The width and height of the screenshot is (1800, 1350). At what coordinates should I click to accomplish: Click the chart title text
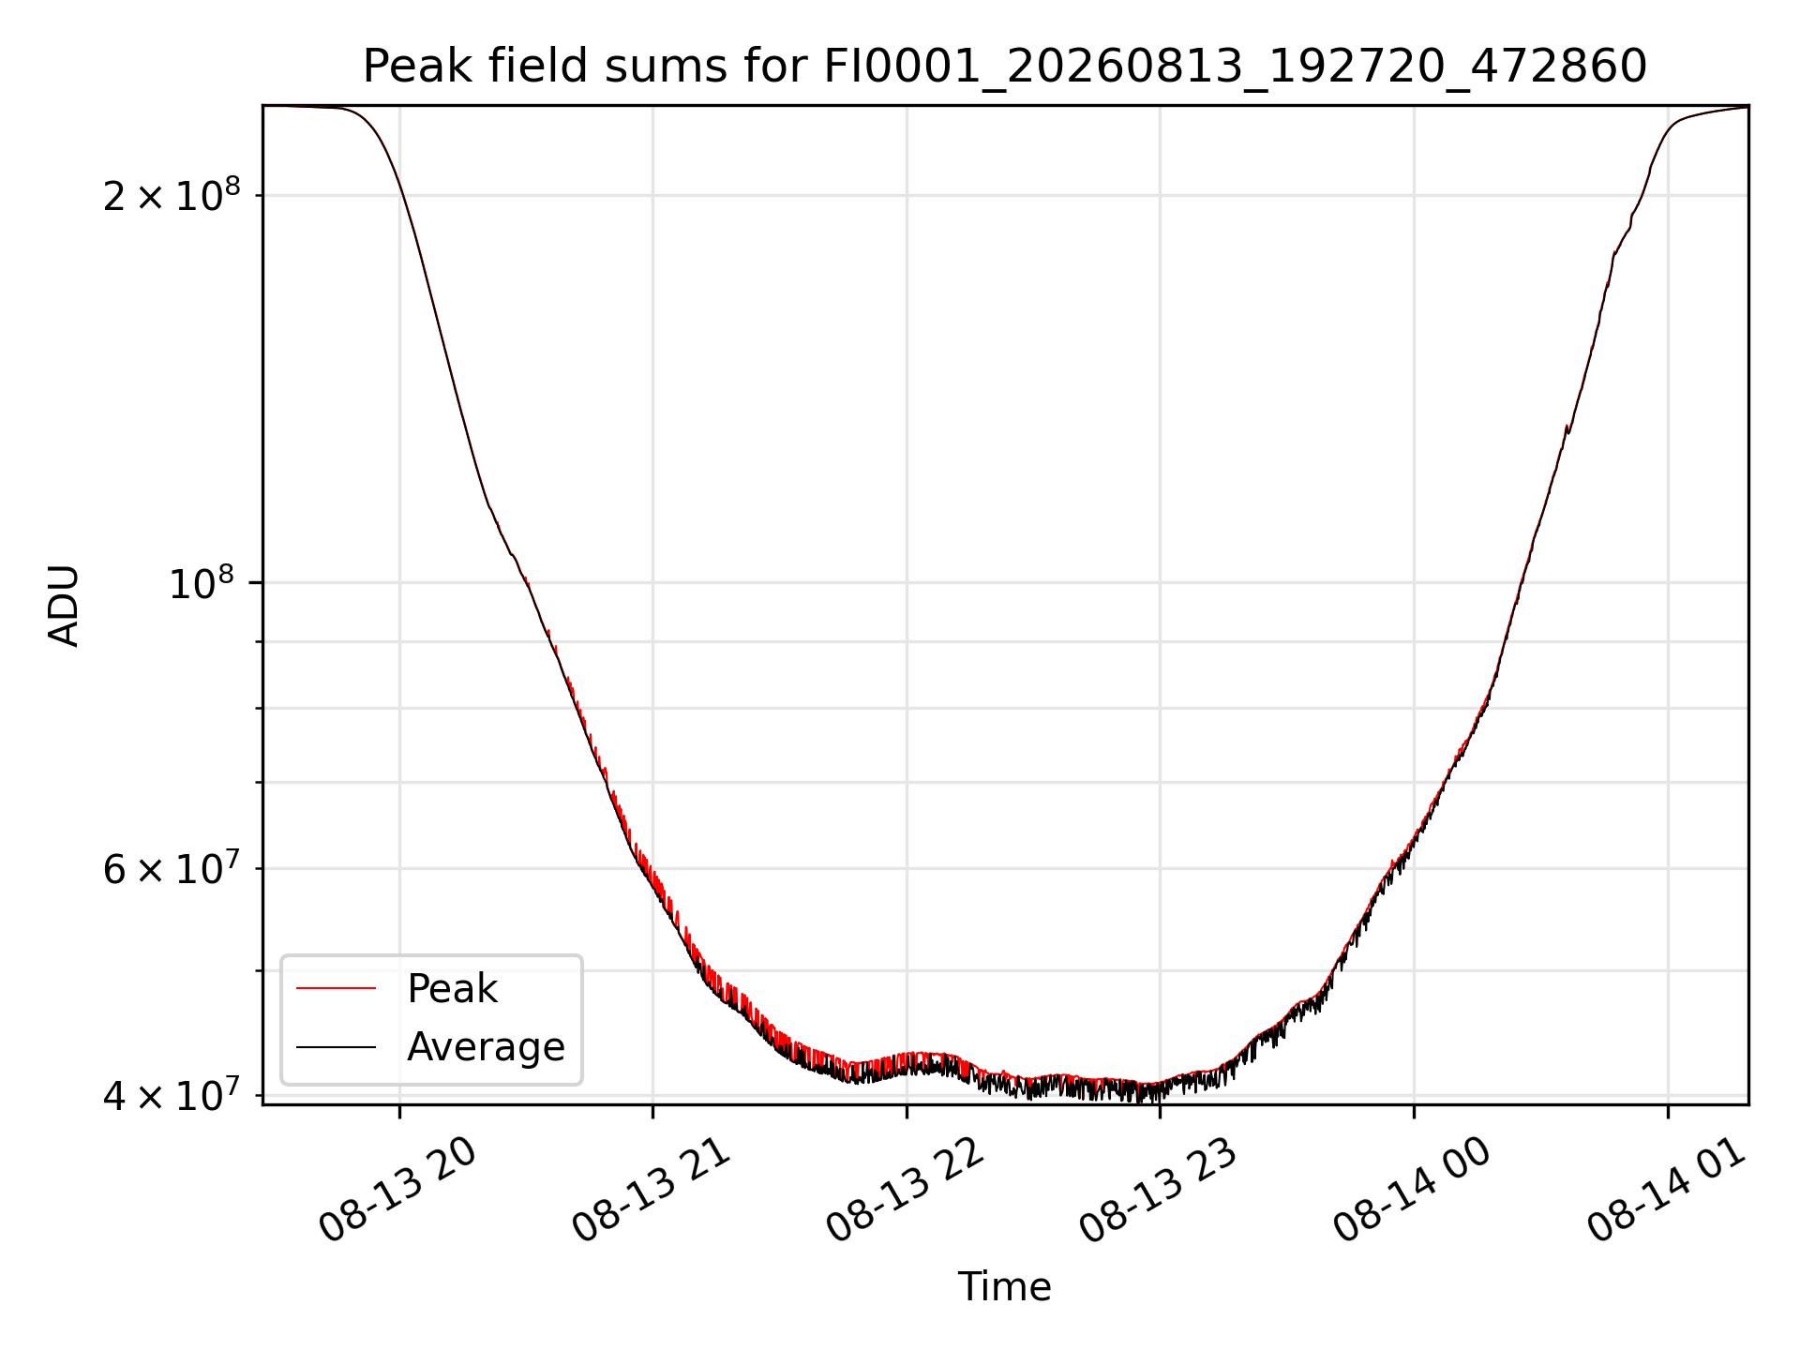(1005, 67)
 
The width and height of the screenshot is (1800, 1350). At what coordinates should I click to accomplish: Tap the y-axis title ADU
(64, 605)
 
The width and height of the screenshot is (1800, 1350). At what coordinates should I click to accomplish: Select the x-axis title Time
(1004, 1286)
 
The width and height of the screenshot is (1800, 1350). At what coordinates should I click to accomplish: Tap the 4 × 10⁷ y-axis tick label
(172, 1094)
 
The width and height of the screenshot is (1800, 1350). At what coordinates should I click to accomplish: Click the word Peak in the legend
(452, 989)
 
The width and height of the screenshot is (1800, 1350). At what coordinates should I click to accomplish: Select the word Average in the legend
(486, 1047)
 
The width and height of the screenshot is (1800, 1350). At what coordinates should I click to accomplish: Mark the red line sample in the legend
(336, 988)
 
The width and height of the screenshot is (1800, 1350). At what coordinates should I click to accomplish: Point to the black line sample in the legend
(336, 1046)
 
